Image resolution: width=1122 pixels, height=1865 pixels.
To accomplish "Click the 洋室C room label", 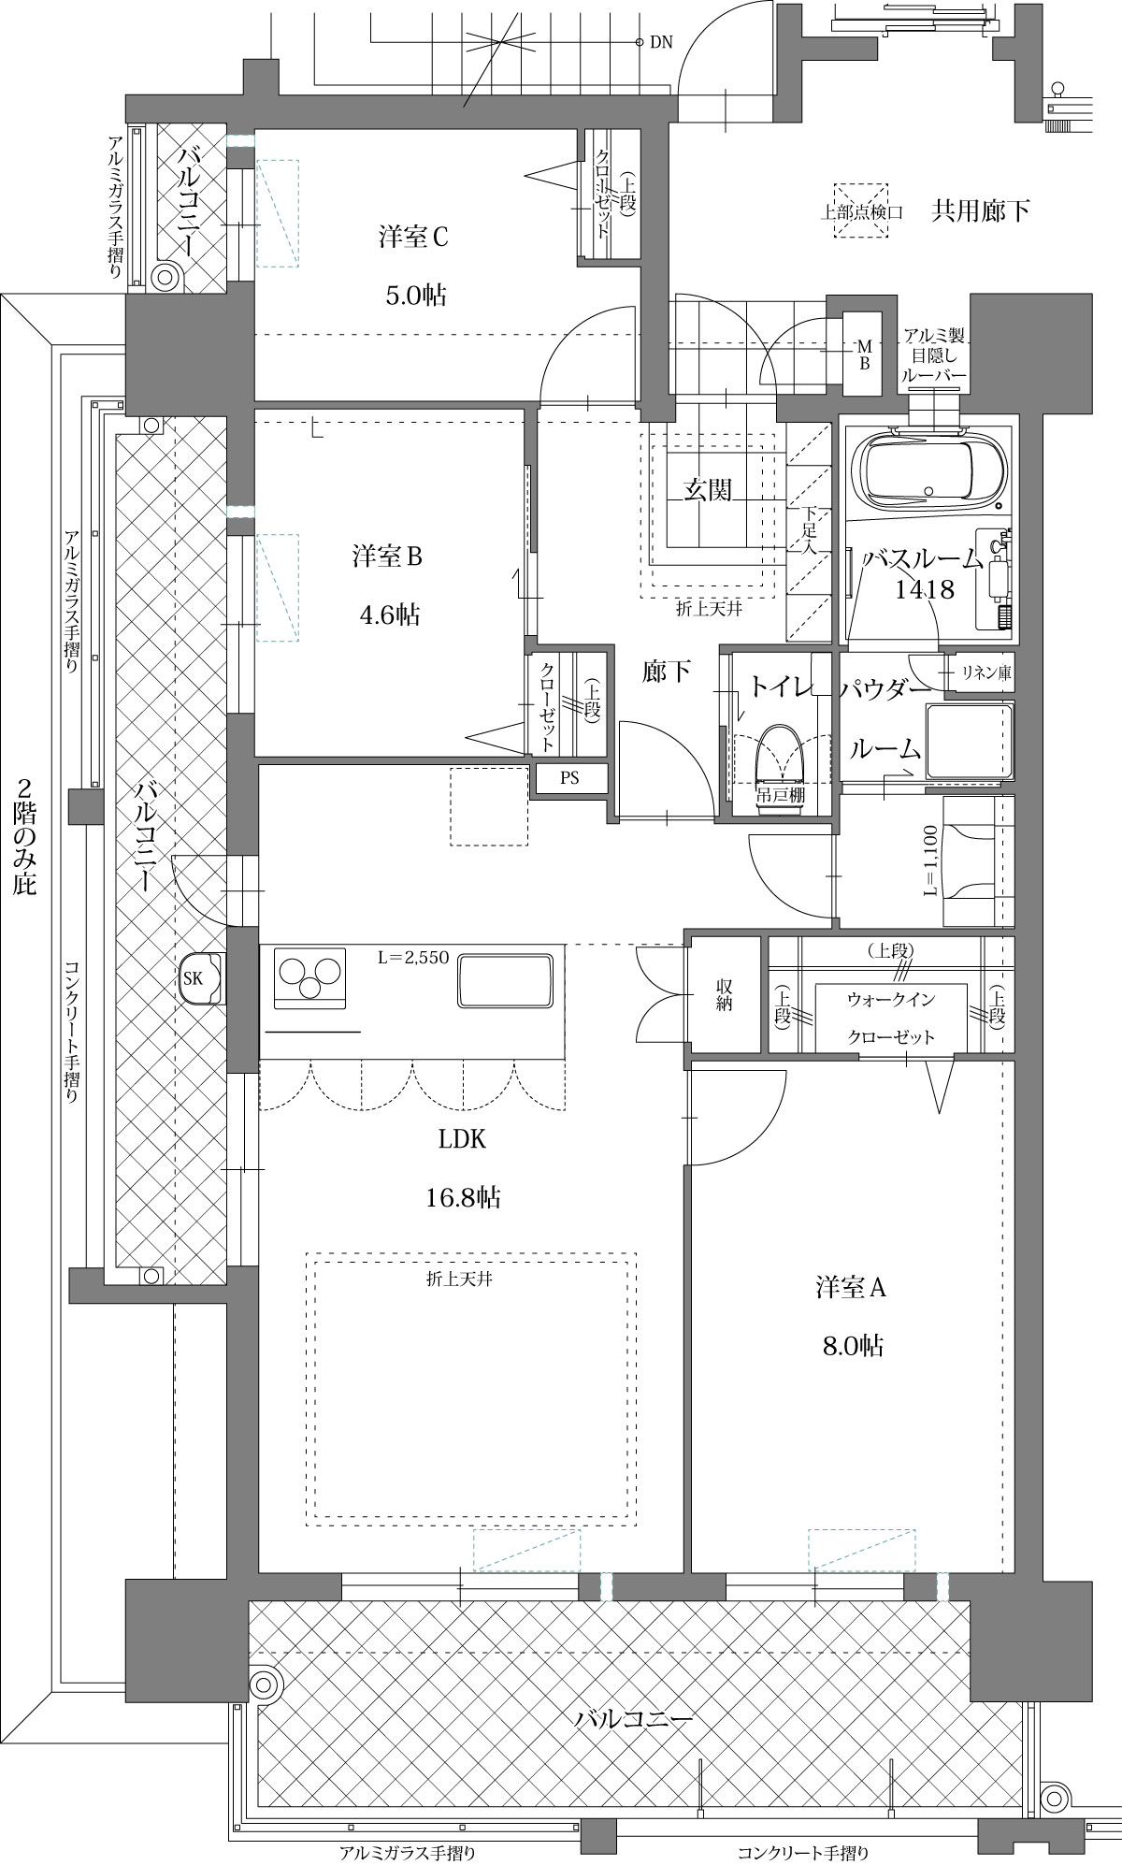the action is (x=414, y=237).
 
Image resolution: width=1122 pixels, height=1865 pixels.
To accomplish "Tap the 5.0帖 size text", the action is (x=416, y=296).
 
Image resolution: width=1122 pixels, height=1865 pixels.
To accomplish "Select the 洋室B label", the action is (x=388, y=557).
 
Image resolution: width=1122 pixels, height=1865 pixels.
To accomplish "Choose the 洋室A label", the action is (x=851, y=1288).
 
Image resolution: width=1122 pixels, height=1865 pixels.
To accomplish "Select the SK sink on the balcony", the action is (x=201, y=978).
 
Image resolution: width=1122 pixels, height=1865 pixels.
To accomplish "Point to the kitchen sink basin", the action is (x=504, y=980).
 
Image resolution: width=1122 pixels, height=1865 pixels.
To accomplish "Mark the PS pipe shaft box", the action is (x=569, y=779).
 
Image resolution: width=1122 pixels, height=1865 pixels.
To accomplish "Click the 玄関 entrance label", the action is (x=707, y=489).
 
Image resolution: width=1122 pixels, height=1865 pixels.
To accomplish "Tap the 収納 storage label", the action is (x=724, y=995).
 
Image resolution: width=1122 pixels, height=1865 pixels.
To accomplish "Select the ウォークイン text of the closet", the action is (x=890, y=1000).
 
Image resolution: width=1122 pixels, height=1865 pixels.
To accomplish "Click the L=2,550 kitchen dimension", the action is (x=414, y=958).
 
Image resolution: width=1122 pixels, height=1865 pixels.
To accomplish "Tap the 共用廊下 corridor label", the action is (x=981, y=210).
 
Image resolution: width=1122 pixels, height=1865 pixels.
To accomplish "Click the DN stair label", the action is (x=661, y=43).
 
